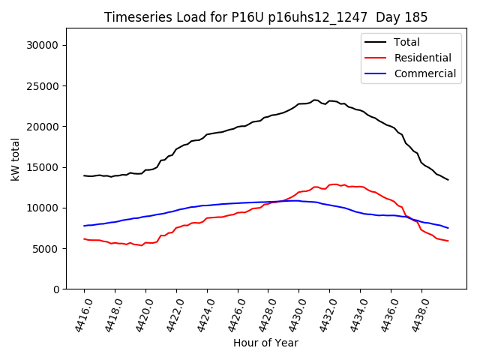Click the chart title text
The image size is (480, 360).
(x=265, y=17)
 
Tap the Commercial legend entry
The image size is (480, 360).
(x=424, y=73)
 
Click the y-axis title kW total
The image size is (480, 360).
(x=15, y=158)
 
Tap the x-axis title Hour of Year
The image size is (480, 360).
(x=265, y=343)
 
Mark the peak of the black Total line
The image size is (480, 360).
(x=315, y=100)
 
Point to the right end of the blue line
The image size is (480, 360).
(x=448, y=228)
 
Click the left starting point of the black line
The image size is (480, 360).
(x=84, y=175)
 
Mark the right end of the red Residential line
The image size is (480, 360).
(x=448, y=241)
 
